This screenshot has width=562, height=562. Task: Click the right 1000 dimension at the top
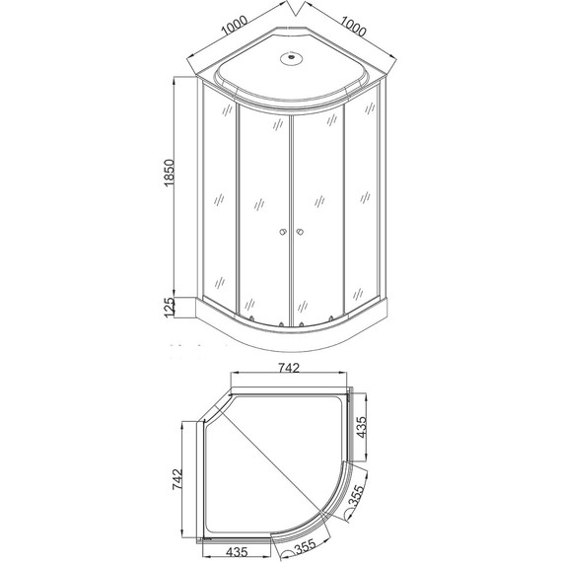[x=351, y=30]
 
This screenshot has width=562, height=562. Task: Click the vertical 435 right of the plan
[x=362, y=426]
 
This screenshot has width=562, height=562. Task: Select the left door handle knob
[x=283, y=233]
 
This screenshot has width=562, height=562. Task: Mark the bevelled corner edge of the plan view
[x=213, y=408]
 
